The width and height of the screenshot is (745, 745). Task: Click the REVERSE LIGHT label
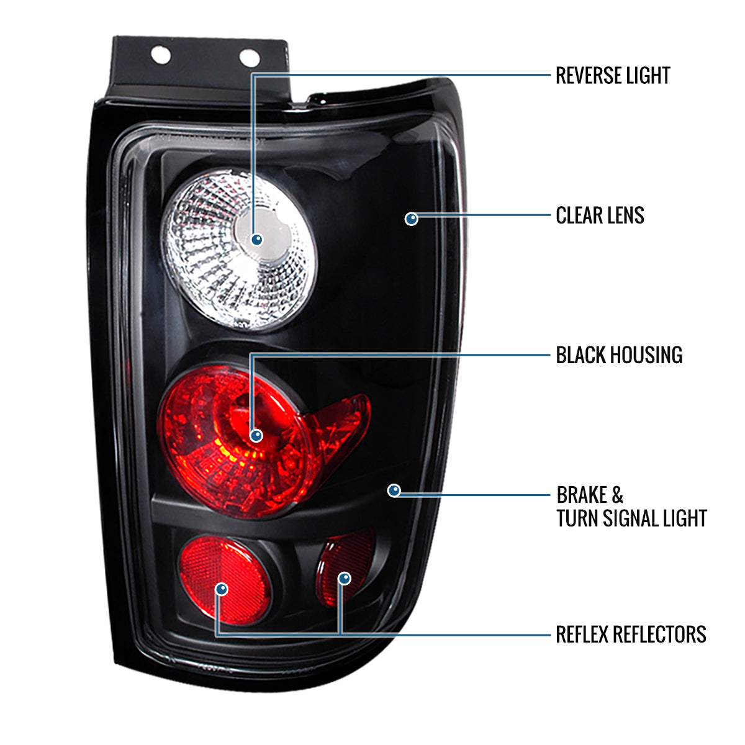612,76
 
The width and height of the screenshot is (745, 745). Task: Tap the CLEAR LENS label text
600,215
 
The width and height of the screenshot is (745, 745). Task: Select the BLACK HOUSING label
619,355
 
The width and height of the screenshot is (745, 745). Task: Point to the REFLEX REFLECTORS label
631,634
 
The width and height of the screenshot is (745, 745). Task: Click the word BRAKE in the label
582,495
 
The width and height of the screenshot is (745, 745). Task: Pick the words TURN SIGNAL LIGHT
631,518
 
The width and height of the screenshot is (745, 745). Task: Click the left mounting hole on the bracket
160,55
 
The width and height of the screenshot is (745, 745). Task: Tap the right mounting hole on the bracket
249,58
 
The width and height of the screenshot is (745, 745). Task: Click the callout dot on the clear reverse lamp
256,239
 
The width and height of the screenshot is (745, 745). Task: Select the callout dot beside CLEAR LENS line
411,219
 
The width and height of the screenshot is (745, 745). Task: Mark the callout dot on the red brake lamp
256,435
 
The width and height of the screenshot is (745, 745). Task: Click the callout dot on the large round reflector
221,589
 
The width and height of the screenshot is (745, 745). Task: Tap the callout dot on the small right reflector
344,579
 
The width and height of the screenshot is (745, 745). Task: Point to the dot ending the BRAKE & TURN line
394,490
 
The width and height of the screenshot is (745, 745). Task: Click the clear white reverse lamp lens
211,248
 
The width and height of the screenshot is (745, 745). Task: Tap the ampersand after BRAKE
616,495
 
